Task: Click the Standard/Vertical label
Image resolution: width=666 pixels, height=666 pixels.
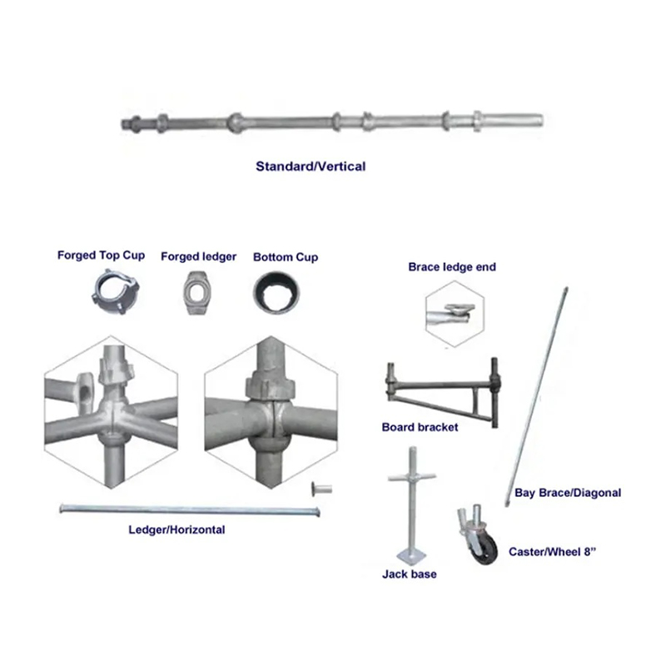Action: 311,166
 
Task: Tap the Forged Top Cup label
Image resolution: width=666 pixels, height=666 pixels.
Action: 101,256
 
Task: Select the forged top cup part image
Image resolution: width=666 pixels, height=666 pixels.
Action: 115,292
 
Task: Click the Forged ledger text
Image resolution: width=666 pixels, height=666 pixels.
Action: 198,256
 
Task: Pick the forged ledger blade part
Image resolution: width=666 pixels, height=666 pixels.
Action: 197,293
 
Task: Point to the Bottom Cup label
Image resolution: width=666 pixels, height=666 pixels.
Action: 286,257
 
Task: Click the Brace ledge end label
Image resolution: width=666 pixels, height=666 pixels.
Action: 452,266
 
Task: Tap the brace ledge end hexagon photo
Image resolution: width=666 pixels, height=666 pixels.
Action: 455,315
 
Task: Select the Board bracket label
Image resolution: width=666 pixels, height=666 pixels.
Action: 420,427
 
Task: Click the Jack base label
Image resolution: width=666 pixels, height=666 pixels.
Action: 409,574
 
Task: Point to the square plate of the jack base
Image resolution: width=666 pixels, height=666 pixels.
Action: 411,554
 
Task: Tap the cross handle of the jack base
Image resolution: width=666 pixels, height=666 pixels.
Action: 411,477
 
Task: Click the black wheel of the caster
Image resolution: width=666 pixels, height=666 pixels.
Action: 485,549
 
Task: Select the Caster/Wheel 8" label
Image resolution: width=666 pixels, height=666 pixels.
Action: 552,552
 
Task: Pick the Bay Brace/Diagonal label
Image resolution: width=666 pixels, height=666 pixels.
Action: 568,493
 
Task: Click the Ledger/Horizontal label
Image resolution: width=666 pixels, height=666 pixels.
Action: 176,529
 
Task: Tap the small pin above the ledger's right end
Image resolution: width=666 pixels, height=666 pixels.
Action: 321,489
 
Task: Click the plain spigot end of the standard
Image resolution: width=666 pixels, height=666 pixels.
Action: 509,120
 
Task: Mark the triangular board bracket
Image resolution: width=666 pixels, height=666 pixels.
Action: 442,392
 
